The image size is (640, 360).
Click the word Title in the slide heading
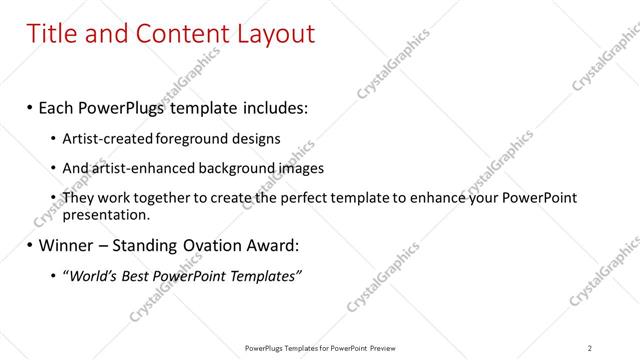coord(53,34)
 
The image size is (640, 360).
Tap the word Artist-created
coord(101,138)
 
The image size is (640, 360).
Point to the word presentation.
coord(107,214)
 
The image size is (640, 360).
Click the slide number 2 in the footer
coord(589,348)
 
